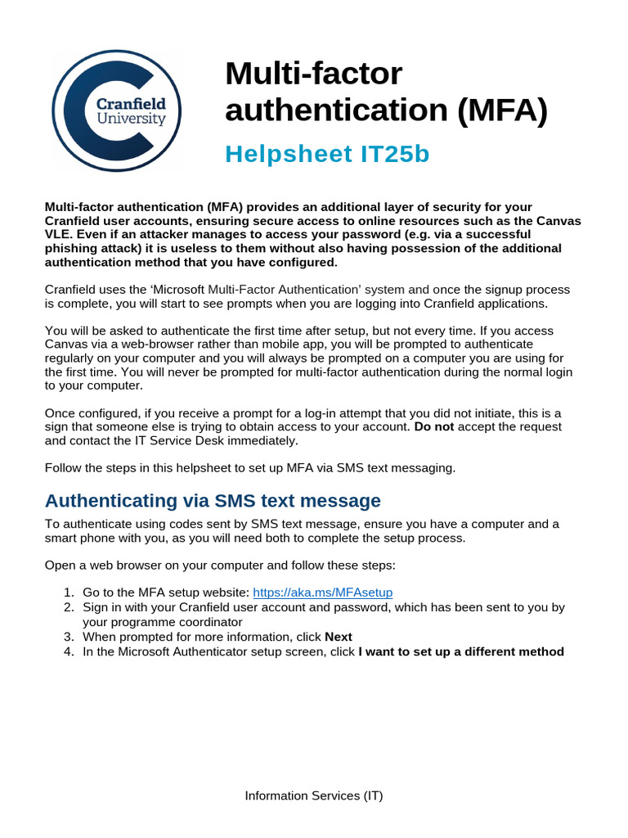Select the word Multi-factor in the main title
point(314,74)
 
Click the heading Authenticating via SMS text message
point(213,500)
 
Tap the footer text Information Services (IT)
point(314,795)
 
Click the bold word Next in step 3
point(339,637)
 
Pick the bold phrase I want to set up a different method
point(461,651)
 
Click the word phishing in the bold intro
point(71,248)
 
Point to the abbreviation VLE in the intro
point(57,234)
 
